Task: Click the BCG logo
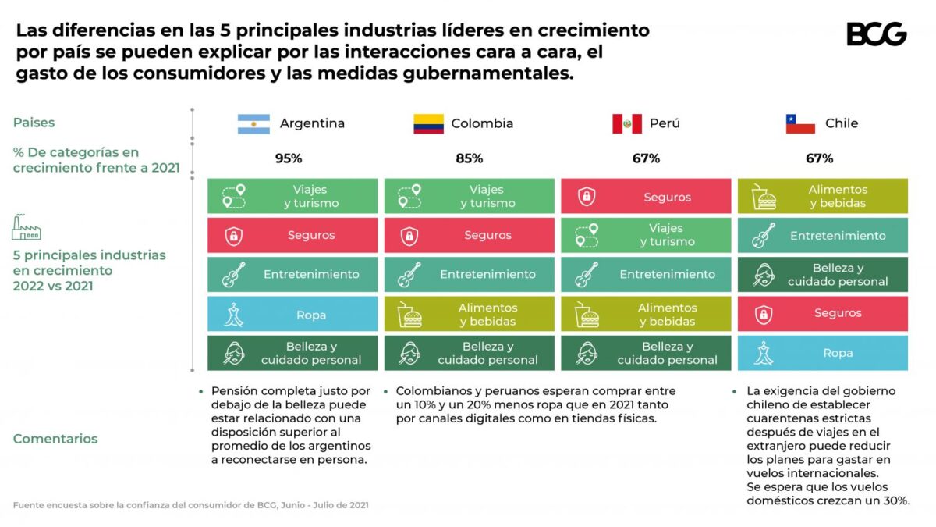point(876,34)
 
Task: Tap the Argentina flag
point(253,123)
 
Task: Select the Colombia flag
point(428,123)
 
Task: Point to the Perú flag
point(626,123)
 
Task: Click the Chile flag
point(800,123)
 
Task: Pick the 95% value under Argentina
point(289,158)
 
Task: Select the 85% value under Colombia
point(470,158)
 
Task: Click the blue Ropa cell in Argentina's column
point(292,315)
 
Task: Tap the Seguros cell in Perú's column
point(646,197)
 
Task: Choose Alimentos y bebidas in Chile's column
point(823,196)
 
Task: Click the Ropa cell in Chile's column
point(823,353)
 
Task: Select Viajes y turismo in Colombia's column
point(470,196)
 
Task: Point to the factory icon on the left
point(26,227)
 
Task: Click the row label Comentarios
point(55,439)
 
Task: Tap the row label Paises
point(34,123)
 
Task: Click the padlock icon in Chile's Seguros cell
point(764,314)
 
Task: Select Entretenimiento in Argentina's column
point(292,275)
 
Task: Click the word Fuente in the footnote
point(29,505)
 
